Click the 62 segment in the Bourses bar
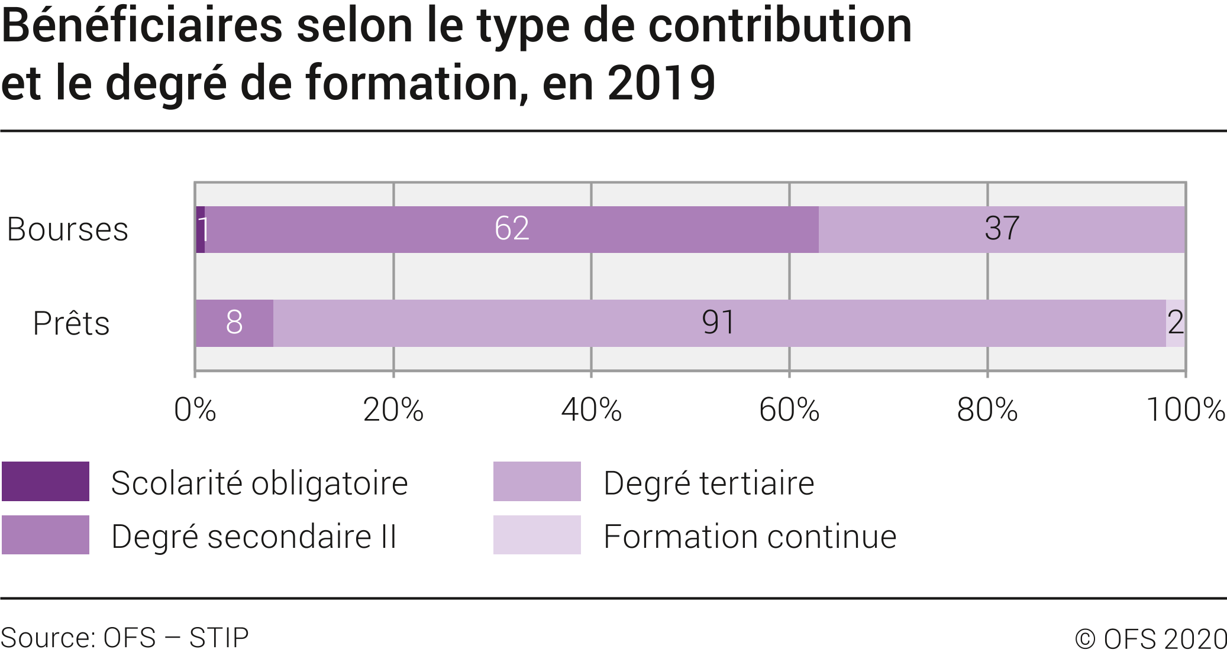(x=512, y=229)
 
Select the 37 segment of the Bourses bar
(x=1002, y=229)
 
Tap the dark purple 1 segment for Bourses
(x=201, y=229)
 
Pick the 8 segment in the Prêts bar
(x=234, y=323)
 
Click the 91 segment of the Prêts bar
(x=719, y=323)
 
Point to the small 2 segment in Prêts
(x=1176, y=323)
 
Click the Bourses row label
(x=67, y=230)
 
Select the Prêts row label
(x=71, y=324)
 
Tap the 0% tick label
(x=195, y=410)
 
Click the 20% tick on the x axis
(x=393, y=410)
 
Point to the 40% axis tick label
(x=591, y=410)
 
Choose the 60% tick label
(x=789, y=410)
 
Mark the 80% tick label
(x=987, y=410)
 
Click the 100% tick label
(x=1185, y=410)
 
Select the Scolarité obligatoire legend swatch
(x=46, y=482)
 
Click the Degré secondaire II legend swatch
(x=46, y=535)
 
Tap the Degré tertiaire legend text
(x=709, y=483)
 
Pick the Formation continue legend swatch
(x=537, y=535)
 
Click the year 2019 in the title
(x=661, y=83)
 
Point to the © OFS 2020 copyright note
(x=1150, y=639)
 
